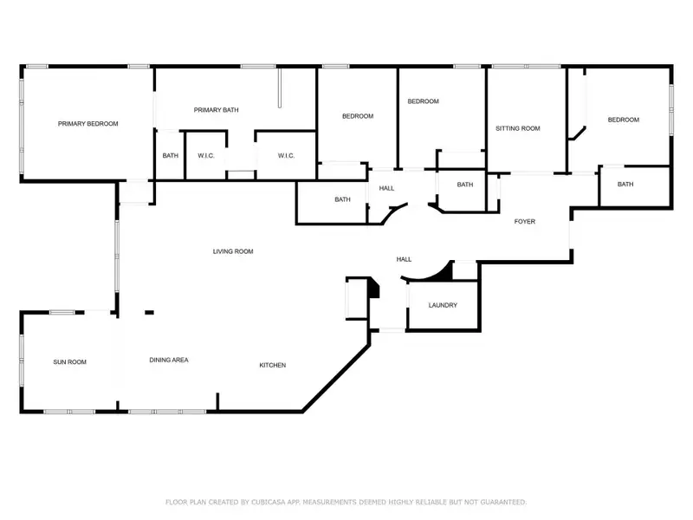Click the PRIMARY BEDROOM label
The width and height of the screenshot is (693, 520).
pyautogui.click(x=87, y=124)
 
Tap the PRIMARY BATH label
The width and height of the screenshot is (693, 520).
pyautogui.click(x=216, y=110)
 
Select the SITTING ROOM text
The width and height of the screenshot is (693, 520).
pyautogui.click(x=517, y=128)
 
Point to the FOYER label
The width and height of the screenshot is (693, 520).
pyautogui.click(x=525, y=222)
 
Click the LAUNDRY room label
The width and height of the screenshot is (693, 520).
pyautogui.click(x=443, y=306)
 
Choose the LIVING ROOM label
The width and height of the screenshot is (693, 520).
pyautogui.click(x=233, y=251)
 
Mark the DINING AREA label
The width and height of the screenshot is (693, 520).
pyautogui.click(x=169, y=361)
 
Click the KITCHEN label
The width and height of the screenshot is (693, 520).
pyautogui.click(x=273, y=365)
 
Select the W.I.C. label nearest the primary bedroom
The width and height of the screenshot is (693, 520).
pyautogui.click(x=205, y=156)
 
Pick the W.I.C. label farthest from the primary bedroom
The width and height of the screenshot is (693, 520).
pyautogui.click(x=286, y=156)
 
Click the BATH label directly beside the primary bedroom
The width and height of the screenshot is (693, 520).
pyautogui.click(x=170, y=156)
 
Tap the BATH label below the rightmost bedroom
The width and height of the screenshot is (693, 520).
pyautogui.click(x=625, y=185)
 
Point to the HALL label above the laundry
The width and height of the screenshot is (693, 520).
pyautogui.click(x=404, y=259)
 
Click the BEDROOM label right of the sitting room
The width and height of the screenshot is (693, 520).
pyautogui.click(x=623, y=120)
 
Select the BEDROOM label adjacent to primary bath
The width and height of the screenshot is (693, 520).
pyautogui.click(x=357, y=117)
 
